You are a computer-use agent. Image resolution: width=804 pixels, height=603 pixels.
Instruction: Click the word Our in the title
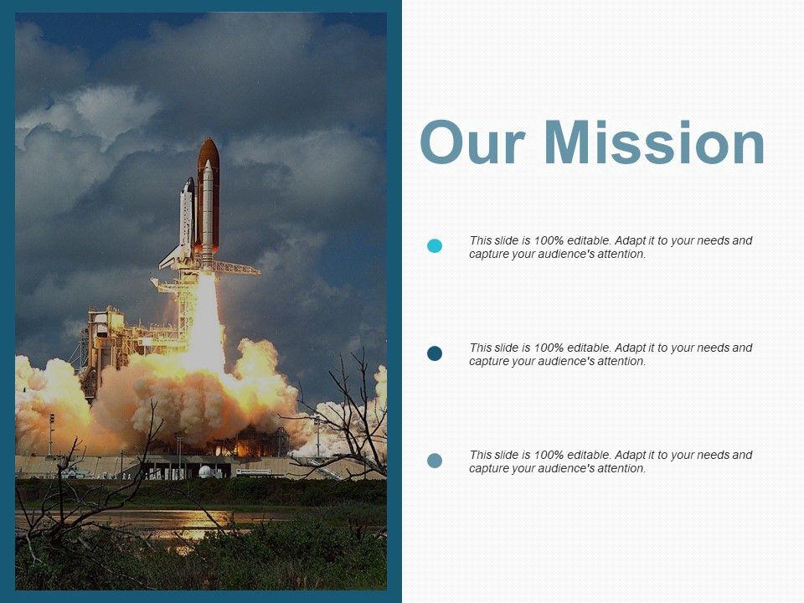pyautogui.click(x=472, y=142)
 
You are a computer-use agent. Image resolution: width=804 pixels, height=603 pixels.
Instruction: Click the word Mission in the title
pyautogui.click(x=654, y=142)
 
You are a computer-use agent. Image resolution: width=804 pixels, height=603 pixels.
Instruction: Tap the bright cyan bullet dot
pyautogui.click(x=435, y=246)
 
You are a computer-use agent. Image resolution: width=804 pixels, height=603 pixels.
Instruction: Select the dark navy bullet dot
pyautogui.click(x=435, y=353)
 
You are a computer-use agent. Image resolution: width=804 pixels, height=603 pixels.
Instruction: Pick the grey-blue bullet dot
pyautogui.click(x=435, y=461)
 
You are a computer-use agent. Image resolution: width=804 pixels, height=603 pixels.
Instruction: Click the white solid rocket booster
pyautogui.click(x=207, y=210)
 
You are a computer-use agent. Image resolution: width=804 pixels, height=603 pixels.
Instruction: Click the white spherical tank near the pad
pyautogui.click(x=204, y=472)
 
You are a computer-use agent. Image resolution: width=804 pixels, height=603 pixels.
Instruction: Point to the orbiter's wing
pyautogui.click(x=171, y=259)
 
